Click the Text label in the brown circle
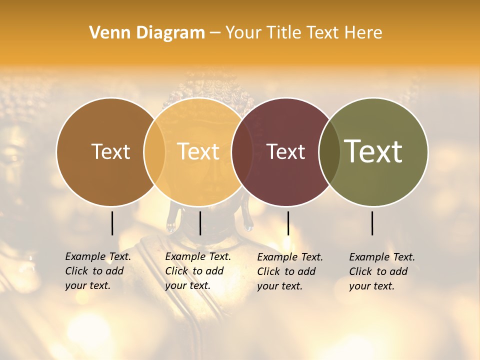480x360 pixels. (x=110, y=151)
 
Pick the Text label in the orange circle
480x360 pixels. (x=198, y=151)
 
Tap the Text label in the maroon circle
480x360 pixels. (x=286, y=151)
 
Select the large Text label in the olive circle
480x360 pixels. (x=373, y=151)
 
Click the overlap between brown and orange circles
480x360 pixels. (x=154, y=152)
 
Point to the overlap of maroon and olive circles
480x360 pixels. (x=329, y=152)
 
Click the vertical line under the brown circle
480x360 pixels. (x=112, y=223)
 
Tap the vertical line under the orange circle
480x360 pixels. (x=200, y=223)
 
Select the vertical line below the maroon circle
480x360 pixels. (x=288, y=223)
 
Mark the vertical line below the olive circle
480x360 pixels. (x=372, y=223)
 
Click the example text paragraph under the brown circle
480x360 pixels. (x=97, y=271)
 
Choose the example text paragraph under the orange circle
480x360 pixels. (x=197, y=271)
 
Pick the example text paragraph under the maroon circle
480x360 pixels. (x=289, y=271)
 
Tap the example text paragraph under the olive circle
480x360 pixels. (x=381, y=271)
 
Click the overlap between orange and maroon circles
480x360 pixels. (x=242, y=152)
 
